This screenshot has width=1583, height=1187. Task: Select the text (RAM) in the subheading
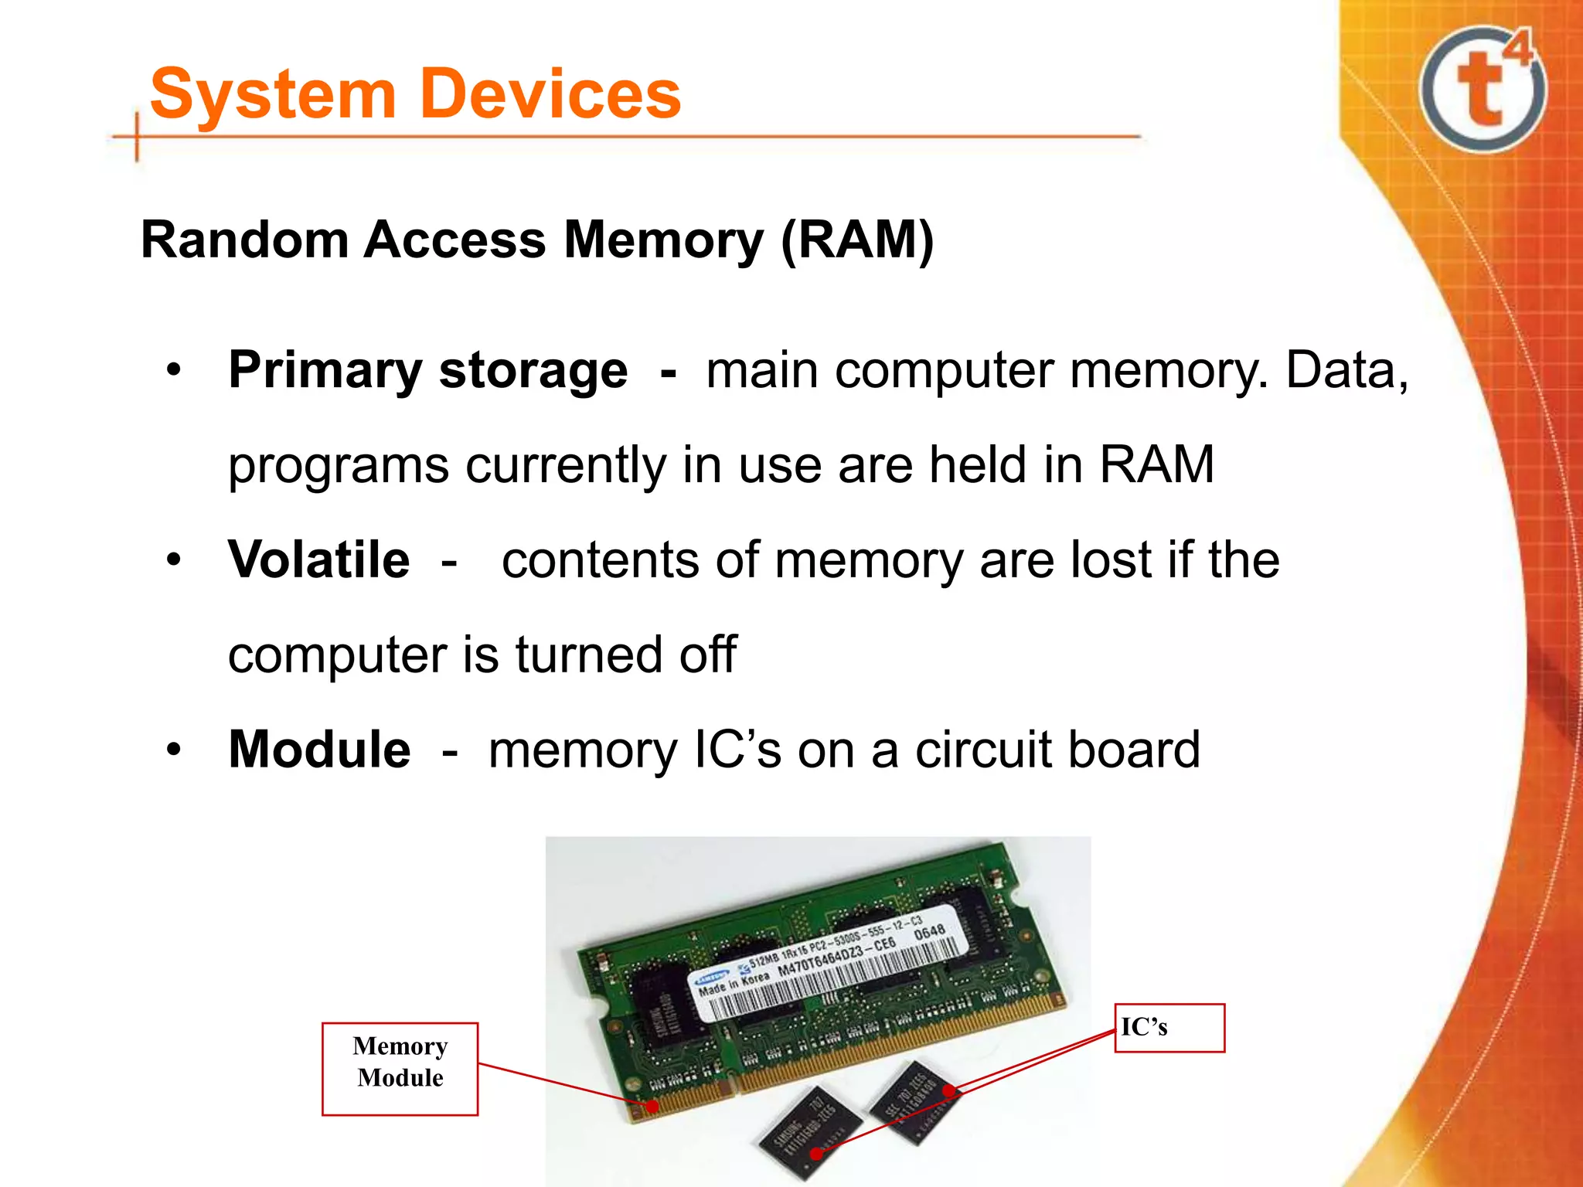[856, 240]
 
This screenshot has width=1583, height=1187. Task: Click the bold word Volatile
[318, 559]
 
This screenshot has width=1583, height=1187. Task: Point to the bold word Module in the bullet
[319, 750]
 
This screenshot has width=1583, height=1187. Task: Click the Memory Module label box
[400, 1069]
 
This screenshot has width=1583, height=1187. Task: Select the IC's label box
[1169, 1028]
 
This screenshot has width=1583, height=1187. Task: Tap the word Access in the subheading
[454, 240]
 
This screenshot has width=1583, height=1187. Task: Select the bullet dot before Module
[174, 750]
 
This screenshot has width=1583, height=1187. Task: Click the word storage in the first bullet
[533, 371]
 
